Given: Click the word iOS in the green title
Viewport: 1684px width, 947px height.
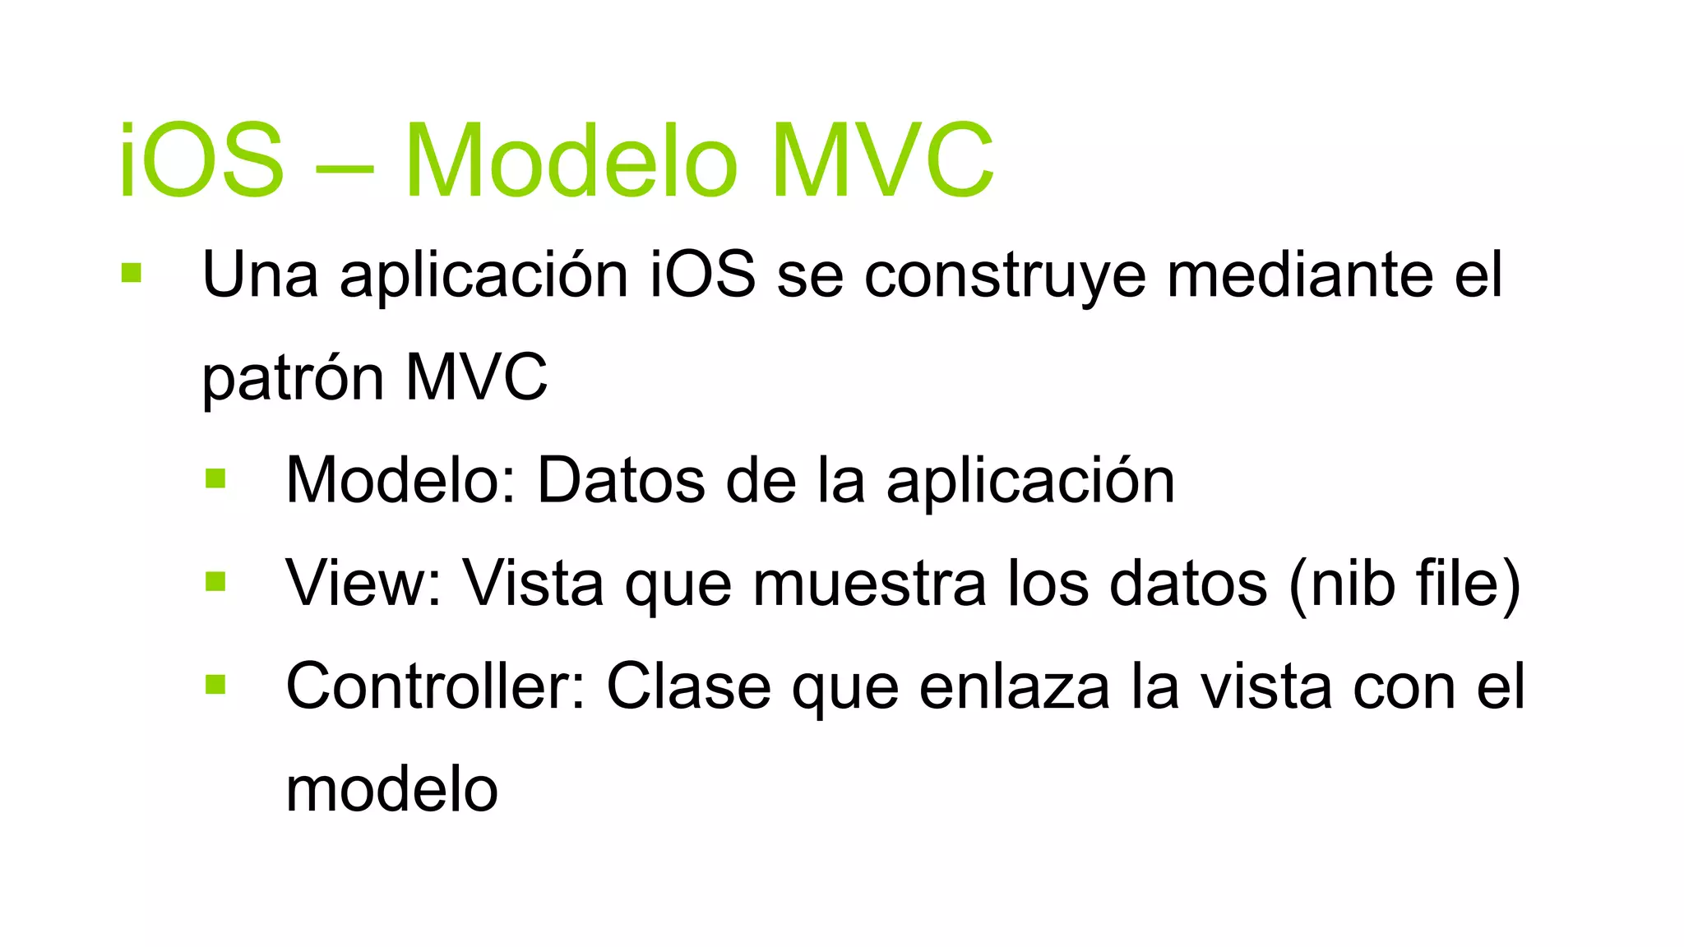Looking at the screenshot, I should click(x=201, y=160).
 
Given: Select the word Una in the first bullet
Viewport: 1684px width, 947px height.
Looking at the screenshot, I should click(x=260, y=275).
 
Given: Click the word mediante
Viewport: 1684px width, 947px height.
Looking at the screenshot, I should click(x=1300, y=275).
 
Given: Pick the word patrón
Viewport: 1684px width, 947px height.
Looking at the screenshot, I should click(x=294, y=378).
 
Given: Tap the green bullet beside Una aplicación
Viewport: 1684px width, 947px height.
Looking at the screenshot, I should click(x=132, y=273).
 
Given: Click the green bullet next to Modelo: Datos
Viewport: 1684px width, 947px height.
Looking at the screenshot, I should click(x=215, y=478).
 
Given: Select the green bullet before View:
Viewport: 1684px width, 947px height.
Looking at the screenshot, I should click(x=215, y=582).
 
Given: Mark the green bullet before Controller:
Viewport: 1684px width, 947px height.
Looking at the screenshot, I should click(x=215, y=685).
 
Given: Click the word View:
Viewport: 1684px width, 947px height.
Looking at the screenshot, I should click(x=363, y=583).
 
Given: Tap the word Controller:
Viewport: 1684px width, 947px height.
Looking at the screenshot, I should click(x=435, y=686).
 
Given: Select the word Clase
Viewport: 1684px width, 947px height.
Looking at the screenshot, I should click(x=688, y=686).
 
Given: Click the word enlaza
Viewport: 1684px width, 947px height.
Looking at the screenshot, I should click(x=1014, y=686).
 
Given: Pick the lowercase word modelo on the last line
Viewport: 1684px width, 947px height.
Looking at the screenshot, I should click(x=391, y=789).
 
